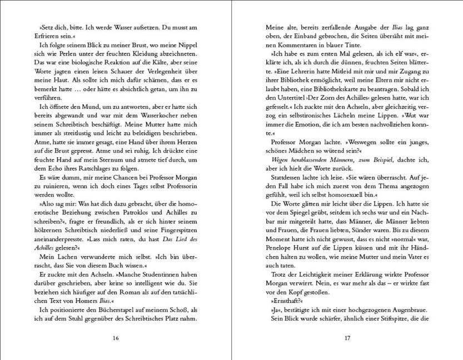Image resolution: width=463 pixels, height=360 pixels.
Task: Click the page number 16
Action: (x=116, y=337)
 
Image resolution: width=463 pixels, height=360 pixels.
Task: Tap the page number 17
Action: (x=347, y=337)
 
